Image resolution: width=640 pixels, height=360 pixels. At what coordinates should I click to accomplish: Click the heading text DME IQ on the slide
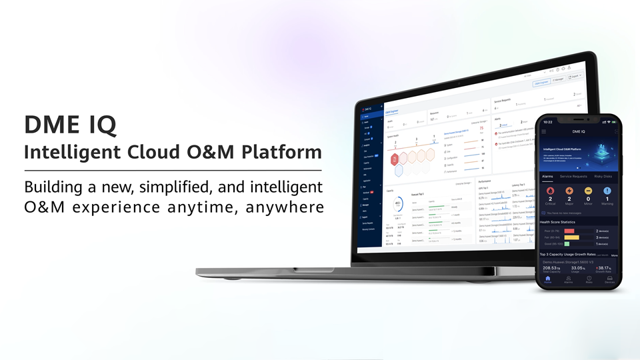point(70,125)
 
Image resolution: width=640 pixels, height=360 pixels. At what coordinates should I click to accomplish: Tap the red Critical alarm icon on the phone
point(549,191)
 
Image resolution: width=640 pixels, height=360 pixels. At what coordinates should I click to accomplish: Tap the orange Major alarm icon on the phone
point(569,191)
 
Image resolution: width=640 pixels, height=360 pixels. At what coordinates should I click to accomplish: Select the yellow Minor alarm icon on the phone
point(588,191)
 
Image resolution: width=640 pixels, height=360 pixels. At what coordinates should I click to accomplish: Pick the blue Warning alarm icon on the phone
point(607,191)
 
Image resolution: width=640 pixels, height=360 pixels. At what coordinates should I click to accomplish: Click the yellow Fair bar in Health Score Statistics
point(571,237)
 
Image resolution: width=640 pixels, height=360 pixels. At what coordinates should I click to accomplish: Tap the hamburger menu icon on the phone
point(543,132)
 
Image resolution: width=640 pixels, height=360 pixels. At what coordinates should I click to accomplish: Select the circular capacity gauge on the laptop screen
point(398,203)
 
